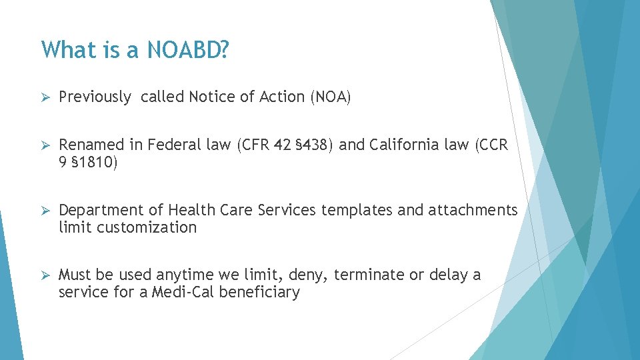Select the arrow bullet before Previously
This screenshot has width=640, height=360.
[45, 97]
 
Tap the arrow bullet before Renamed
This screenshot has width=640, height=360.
[45, 145]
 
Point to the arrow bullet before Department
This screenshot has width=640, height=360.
[45, 211]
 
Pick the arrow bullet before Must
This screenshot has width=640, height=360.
[45, 275]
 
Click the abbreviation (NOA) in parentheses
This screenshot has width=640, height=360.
[330, 97]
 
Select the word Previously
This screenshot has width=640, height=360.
[95, 97]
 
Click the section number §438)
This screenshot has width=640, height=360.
[315, 145]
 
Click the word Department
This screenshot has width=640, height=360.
[101, 211]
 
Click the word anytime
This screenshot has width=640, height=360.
[182, 275]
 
